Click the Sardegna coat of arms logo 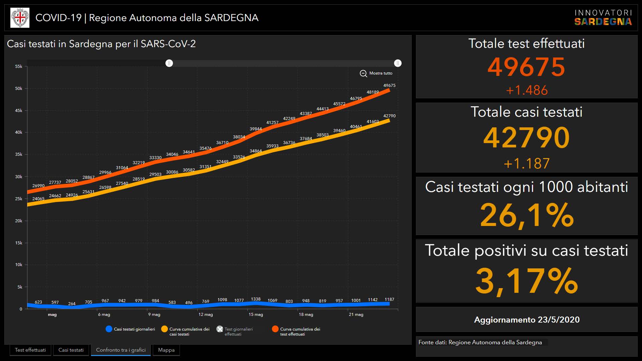pos(20,18)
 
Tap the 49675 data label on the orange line pos(389,86)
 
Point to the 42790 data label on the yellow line pos(389,116)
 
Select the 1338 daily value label pos(255,299)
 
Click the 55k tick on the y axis pos(19,67)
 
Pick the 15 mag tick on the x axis pos(255,315)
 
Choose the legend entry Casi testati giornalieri pos(130,329)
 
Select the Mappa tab pos(166,350)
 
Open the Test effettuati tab pos(30,350)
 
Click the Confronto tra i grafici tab pos(121,350)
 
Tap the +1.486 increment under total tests pos(527,90)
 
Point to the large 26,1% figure pos(527,215)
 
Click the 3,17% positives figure pos(527,281)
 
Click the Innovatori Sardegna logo pos(603,18)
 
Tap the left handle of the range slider pos(169,63)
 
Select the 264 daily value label pos(72,304)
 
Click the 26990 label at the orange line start pos(38,186)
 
